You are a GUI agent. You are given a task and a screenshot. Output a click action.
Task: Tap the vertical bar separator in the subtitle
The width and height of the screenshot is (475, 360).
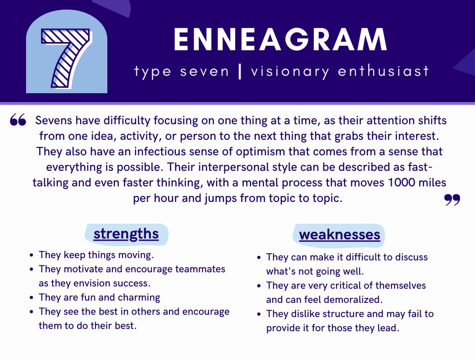[x=240, y=72]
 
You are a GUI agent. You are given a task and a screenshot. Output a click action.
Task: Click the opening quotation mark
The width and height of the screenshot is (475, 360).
[x=18, y=120]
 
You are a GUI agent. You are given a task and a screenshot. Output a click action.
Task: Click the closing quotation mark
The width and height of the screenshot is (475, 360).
[x=452, y=200]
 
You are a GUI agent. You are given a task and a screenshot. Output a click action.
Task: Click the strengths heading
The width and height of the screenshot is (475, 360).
[x=126, y=234]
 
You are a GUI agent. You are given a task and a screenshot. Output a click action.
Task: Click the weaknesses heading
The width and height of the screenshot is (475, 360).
[x=339, y=235]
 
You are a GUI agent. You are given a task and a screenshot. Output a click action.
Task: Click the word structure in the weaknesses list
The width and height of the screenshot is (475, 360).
[x=348, y=314]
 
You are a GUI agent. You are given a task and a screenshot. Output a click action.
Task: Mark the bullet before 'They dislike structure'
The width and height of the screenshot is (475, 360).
[x=259, y=314]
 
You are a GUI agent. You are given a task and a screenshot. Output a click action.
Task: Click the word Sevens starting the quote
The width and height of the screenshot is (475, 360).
[x=51, y=121]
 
